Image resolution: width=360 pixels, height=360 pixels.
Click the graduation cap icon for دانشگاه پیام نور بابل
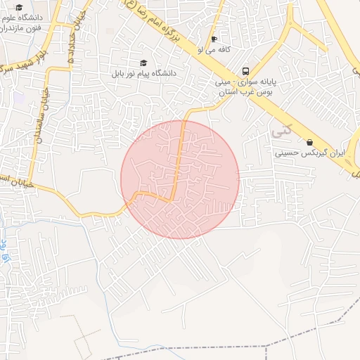coord(145,63)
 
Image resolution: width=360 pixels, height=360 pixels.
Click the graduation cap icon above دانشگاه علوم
coord(19,7)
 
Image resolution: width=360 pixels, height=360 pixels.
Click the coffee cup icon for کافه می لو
coord(214,39)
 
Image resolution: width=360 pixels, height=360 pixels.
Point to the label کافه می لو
coord(214,50)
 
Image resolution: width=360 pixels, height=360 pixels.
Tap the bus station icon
coord(245,71)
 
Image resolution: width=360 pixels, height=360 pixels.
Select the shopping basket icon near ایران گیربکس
coord(309,142)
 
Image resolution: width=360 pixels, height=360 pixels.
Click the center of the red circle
coord(180,180)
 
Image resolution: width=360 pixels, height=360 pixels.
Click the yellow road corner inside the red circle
coord(172,200)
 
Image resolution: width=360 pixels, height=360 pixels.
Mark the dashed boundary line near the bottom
coord(211,347)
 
